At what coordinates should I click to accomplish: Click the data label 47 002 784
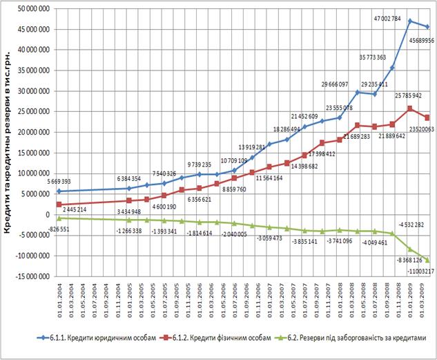click(387, 12)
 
